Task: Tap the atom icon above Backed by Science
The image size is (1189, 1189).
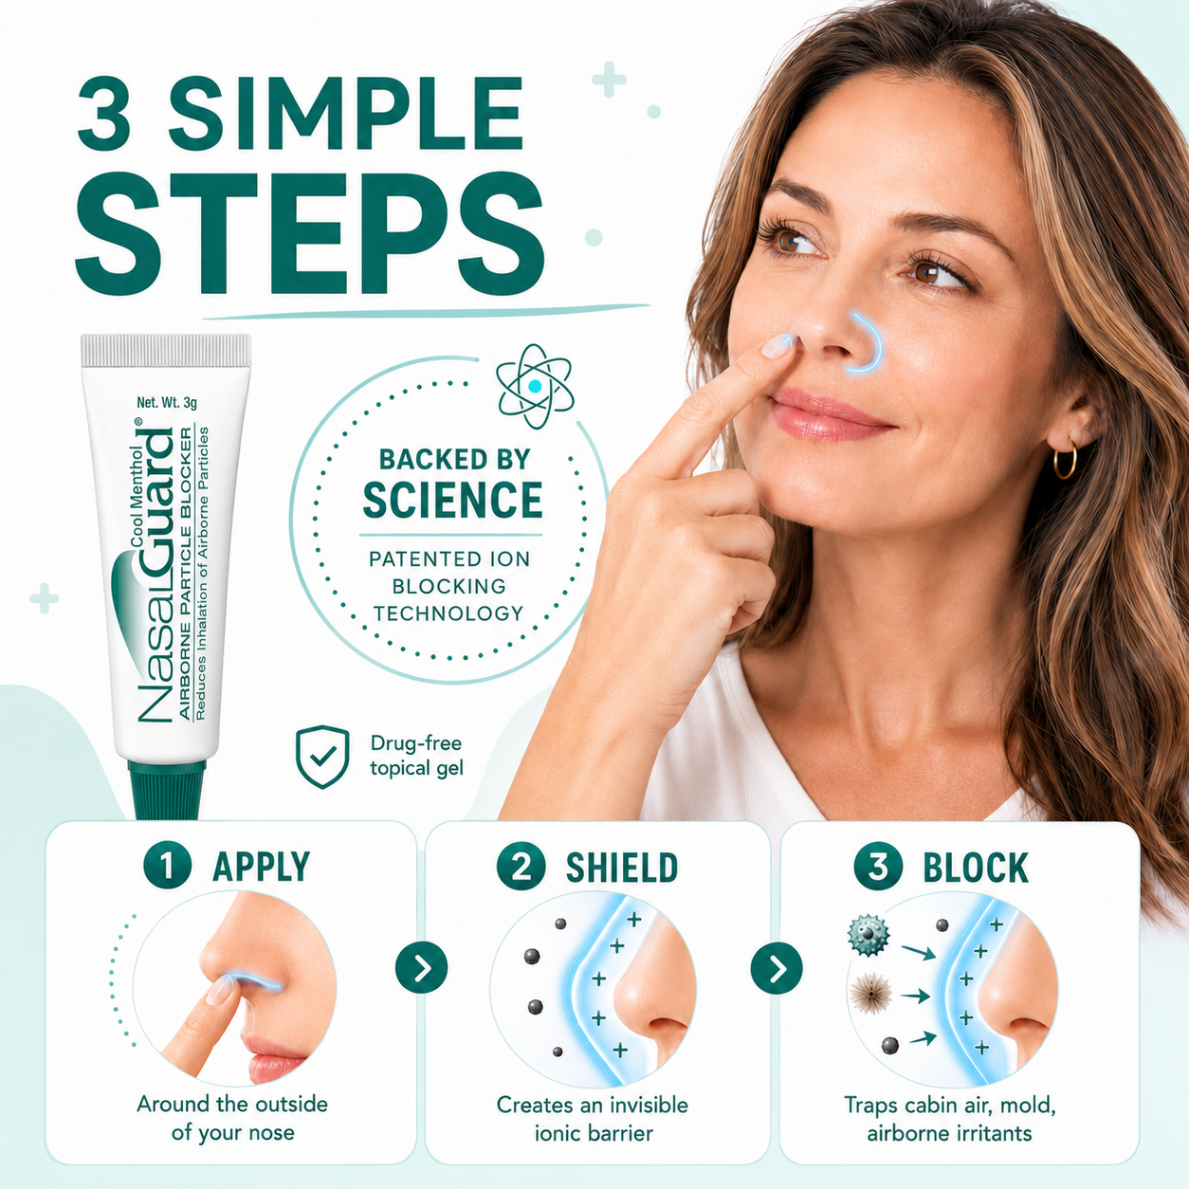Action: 535,386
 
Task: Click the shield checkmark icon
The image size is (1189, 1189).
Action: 322,757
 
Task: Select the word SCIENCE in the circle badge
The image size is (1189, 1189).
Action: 452,500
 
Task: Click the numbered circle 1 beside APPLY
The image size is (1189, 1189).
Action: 167,866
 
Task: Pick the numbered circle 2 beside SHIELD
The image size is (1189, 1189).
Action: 521,866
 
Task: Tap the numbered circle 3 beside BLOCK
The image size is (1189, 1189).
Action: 878,866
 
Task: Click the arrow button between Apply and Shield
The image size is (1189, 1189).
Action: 422,969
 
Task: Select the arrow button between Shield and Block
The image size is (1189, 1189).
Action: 777,969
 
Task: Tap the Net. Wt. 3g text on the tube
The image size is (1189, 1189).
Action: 167,403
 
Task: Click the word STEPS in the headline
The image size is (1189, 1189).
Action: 308,234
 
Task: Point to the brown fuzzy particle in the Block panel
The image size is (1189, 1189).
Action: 870,994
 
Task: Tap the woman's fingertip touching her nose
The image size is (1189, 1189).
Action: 778,345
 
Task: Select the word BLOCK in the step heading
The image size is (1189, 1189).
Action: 976,867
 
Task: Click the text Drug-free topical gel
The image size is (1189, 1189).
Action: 416,756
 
